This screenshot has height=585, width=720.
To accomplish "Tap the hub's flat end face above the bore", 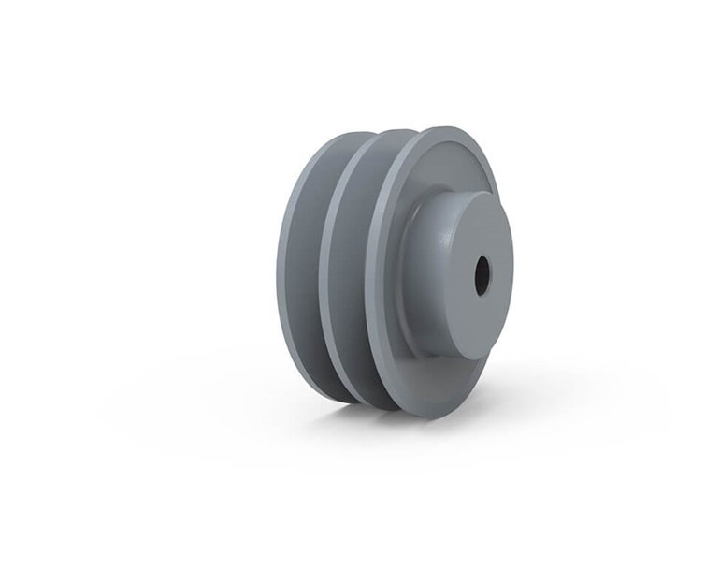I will click(480, 234).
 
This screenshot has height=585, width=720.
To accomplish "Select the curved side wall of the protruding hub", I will click(432, 271).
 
